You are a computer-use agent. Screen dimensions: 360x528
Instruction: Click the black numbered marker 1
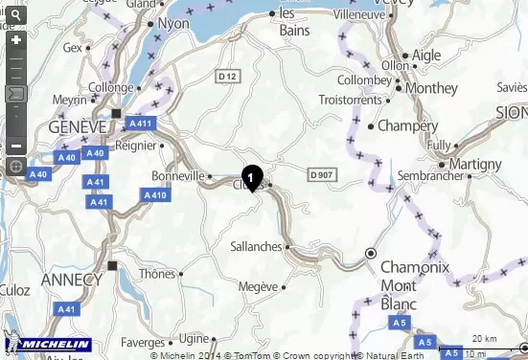coord(251,177)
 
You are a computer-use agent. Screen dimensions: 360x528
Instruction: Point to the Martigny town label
coord(475,164)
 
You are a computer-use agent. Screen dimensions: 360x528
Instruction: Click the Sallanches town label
coord(256,246)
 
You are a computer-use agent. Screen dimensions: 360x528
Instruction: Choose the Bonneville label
coord(178,176)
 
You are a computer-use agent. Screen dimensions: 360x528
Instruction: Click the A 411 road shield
coord(140,124)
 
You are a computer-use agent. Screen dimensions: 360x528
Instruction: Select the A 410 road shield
coord(155,194)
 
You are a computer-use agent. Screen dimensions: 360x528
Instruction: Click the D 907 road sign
coord(323,174)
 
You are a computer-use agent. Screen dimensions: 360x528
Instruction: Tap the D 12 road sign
coord(228,76)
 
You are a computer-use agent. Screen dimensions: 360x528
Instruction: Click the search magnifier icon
coord(14,16)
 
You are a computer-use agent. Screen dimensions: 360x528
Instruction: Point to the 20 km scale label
coord(483,339)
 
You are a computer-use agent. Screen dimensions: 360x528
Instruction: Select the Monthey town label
coord(431,87)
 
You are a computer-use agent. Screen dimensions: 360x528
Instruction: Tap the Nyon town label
coord(173,24)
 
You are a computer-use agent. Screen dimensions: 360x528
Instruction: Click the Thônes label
coord(157,273)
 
